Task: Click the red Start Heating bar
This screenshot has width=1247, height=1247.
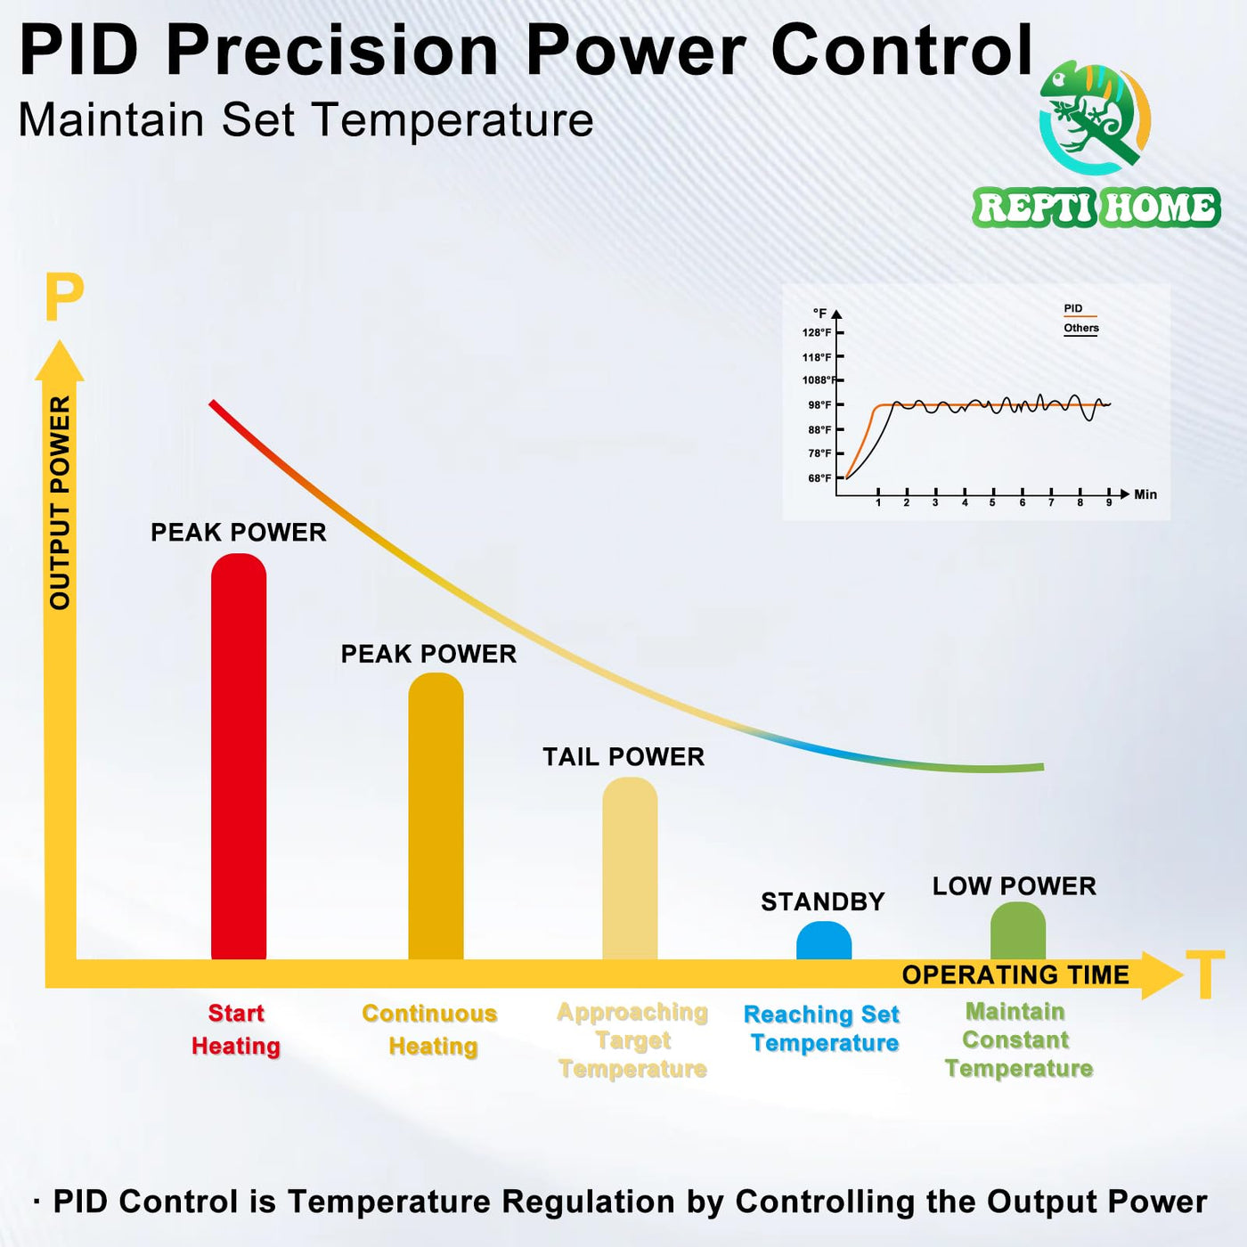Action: [x=239, y=757]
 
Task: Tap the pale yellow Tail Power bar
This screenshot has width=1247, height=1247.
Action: [x=630, y=868]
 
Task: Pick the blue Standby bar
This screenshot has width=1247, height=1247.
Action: [x=824, y=941]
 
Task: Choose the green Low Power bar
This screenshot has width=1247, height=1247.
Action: [x=1018, y=932]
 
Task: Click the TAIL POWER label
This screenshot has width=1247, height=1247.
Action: [x=623, y=757]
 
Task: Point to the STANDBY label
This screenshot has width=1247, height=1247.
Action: [x=822, y=902]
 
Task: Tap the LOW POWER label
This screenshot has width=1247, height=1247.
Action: [x=1014, y=886]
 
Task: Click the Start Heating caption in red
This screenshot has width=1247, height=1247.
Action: [x=236, y=1030]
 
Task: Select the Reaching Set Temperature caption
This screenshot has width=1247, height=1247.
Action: [x=822, y=1029]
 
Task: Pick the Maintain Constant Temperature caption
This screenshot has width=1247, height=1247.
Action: [x=1018, y=1040]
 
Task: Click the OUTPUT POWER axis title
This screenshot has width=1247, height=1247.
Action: [x=60, y=502]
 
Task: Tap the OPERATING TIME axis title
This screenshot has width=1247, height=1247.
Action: [x=1015, y=975]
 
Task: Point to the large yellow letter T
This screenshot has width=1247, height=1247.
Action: [x=1205, y=975]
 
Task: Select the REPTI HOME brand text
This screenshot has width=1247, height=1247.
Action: [x=1096, y=208]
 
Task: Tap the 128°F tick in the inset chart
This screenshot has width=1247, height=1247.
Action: [x=818, y=333]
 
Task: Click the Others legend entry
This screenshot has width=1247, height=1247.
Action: [x=1080, y=329]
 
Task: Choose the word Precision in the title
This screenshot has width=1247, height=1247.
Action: [x=332, y=51]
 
